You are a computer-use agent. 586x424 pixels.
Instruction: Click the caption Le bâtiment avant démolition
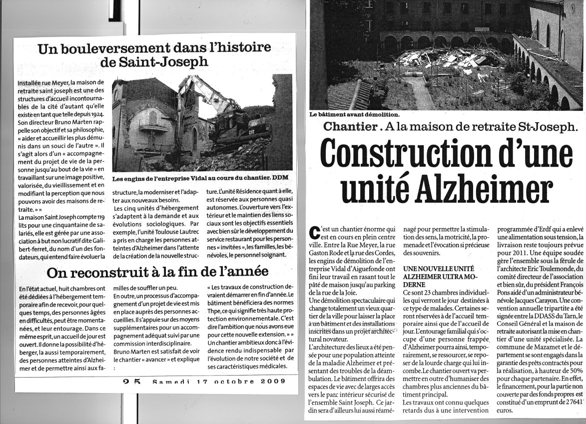(354, 114)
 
